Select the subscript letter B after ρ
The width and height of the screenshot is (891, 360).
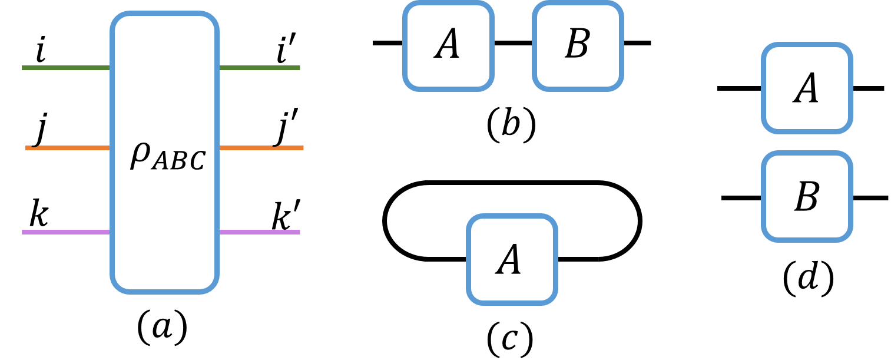pyautogui.click(x=178, y=161)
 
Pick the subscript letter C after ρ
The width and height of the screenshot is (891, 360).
pyautogui.click(x=196, y=161)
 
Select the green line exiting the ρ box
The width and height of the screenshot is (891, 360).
pyautogui.click(x=259, y=68)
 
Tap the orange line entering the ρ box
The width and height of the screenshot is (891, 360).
pyautogui.click(x=68, y=147)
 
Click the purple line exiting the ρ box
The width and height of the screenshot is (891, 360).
pyautogui.click(x=259, y=232)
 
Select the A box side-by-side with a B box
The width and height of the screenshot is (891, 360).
pyautogui.click(x=448, y=46)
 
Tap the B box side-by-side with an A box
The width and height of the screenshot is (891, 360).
pyautogui.click(x=578, y=46)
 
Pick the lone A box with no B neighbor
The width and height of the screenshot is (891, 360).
pyautogui.click(x=512, y=260)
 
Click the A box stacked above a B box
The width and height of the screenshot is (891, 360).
pyautogui.click(x=807, y=88)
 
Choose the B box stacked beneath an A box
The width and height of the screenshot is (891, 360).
pyautogui.click(x=807, y=197)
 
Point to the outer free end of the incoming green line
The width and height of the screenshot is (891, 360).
pyautogui.click(x=24, y=68)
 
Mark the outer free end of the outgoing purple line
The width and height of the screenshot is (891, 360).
pyautogui.click(x=299, y=232)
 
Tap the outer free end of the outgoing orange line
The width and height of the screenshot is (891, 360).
pyautogui.click(x=302, y=147)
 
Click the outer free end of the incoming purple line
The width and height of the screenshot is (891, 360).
pyautogui.click(x=24, y=232)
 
